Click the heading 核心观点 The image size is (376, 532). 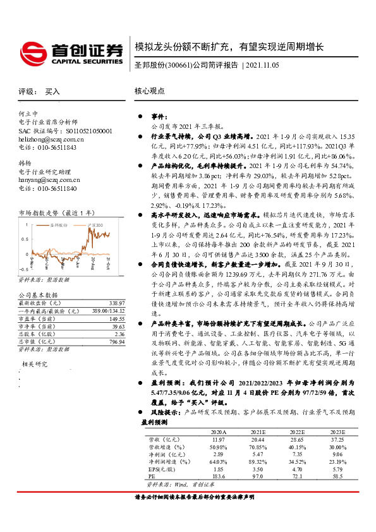point(149,91)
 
